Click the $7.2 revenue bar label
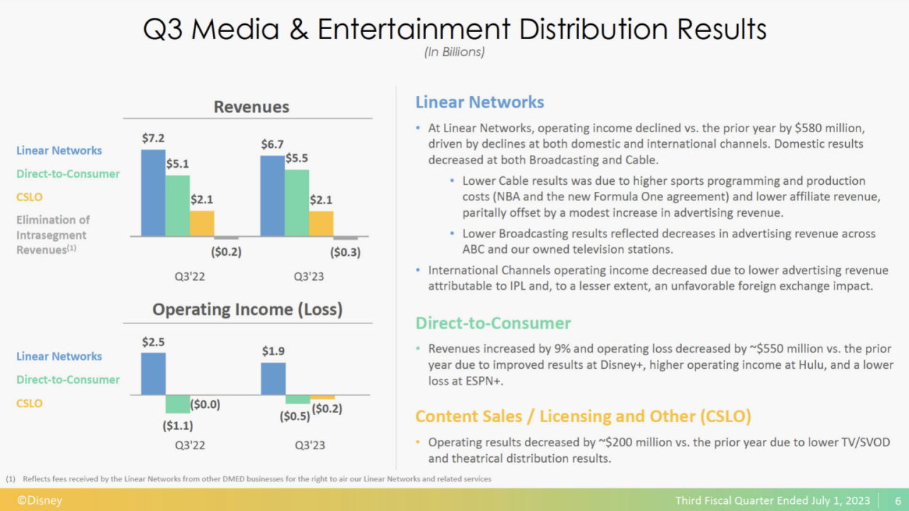(153, 138)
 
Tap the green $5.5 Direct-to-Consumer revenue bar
(297, 203)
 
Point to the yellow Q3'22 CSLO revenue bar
(202, 223)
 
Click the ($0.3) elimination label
(346, 252)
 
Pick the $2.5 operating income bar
(153, 374)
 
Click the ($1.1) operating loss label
(178, 426)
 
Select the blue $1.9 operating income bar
(273, 379)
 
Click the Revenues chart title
(251, 107)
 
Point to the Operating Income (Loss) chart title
(247, 310)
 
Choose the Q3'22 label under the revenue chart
(190, 276)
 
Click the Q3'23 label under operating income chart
(310, 446)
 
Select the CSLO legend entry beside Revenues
(30, 197)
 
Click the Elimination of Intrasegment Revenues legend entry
(53, 235)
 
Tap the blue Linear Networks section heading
(479, 102)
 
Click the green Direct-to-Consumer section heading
(493, 323)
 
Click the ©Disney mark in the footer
(40, 500)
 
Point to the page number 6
(898, 500)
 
